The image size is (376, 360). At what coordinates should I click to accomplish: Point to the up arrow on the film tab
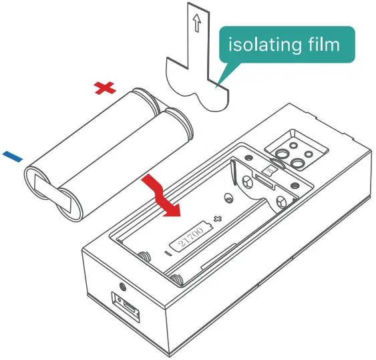coord(196,25)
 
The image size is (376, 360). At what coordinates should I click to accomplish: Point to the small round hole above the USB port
coord(122,287)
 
